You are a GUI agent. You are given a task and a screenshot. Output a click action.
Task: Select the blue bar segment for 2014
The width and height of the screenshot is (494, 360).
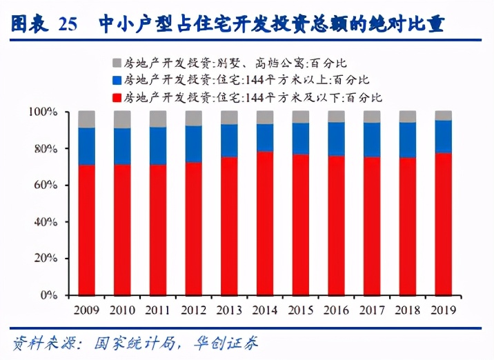(x=265, y=137)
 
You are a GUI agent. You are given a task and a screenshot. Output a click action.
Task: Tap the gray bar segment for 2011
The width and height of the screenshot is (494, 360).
(x=158, y=119)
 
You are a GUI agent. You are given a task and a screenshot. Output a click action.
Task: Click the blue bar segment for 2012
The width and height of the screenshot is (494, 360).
(x=194, y=143)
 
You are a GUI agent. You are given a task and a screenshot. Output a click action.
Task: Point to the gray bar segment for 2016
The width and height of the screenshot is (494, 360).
(x=336, y=116)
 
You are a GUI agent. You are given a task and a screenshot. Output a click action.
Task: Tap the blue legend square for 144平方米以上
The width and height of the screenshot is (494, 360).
(x=117, y=79)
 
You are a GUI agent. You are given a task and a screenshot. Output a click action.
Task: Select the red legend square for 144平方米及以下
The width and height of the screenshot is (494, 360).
(x=117, y=97)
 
